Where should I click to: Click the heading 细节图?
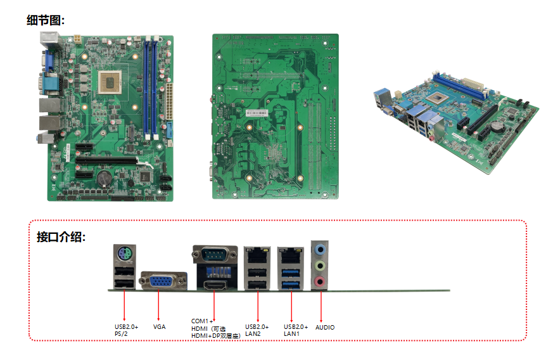(45, 20)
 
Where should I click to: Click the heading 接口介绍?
(61, 238)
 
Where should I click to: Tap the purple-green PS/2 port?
(124, 254)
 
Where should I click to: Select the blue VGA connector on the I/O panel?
(163, 281)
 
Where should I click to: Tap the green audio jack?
(321, 265)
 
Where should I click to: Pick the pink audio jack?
(321, 281)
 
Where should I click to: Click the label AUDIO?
(325, 328)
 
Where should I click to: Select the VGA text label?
(159, 327)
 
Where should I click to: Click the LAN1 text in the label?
(291, 333)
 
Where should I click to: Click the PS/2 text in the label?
(122, 333)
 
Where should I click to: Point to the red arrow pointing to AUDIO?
(321, 304)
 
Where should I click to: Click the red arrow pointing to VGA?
(158, 304)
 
